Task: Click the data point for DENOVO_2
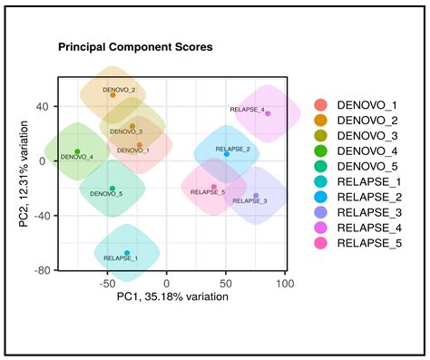pyautogui.click(x=112, y=94)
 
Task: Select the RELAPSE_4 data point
pyautogui.click(x=268, y=113)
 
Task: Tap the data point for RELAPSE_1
pyautogui.click(x=127, y=253)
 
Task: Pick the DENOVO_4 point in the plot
pyautogui.click(x=77, y=151)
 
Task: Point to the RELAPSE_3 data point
pyautogui.click(x=256, y=196)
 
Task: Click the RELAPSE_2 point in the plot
pyautogui.click(x=227, y=154)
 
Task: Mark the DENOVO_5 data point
pyautogui.click(x=112, y=189)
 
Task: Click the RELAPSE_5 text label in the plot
pyautogui.click(x=208, y=192)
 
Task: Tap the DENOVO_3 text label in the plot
pyautogui.click(x=126, y=131)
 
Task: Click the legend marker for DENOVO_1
pyautogui.click(x=320, y=105)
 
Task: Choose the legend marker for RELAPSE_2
pyautogui.click(x=320, y=197)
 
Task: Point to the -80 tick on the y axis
pyautogui.click(x=43, y=270)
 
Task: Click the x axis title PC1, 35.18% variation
pyautogui.click(x=171, y=297)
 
